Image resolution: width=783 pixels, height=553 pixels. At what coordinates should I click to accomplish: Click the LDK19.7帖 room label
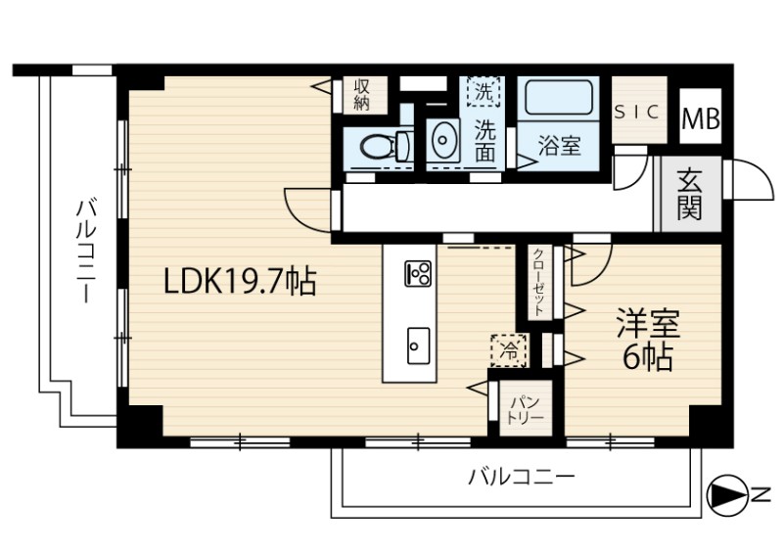[x=240, y=282]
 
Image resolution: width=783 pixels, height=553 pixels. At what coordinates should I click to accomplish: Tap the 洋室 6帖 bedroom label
[x=648, y=340]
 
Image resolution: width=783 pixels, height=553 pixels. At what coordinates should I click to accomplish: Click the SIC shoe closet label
[x=637, y=113]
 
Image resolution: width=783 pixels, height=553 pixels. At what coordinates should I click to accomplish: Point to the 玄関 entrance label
[x=690, y=194]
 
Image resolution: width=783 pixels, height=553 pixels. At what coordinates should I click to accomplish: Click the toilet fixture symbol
[x=386, y=147]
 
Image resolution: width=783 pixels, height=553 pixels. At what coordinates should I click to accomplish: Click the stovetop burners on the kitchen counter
[x=418, y=274]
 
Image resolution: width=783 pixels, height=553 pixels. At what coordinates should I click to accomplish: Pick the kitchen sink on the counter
[x=418, y=346]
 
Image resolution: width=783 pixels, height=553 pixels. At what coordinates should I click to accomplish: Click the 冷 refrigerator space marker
[x=509, y=350]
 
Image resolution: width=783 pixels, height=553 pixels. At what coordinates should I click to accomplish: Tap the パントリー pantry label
[x=526, y=409]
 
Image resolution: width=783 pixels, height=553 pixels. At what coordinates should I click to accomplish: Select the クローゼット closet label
[x=539, y=283]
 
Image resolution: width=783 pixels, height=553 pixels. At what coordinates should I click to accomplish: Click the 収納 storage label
[x=361, y=94]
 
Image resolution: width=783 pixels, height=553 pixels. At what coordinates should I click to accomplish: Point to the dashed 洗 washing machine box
[x=483, y=91]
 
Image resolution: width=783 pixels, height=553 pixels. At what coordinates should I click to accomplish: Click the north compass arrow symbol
[x=727, y=495]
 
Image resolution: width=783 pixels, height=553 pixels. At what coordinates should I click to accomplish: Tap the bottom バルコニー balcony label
[x=522, y=477]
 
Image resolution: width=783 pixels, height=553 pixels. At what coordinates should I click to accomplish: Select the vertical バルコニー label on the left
[x=86, y=251]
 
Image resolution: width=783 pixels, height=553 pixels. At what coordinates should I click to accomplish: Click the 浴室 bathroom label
[x=559, y=145]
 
